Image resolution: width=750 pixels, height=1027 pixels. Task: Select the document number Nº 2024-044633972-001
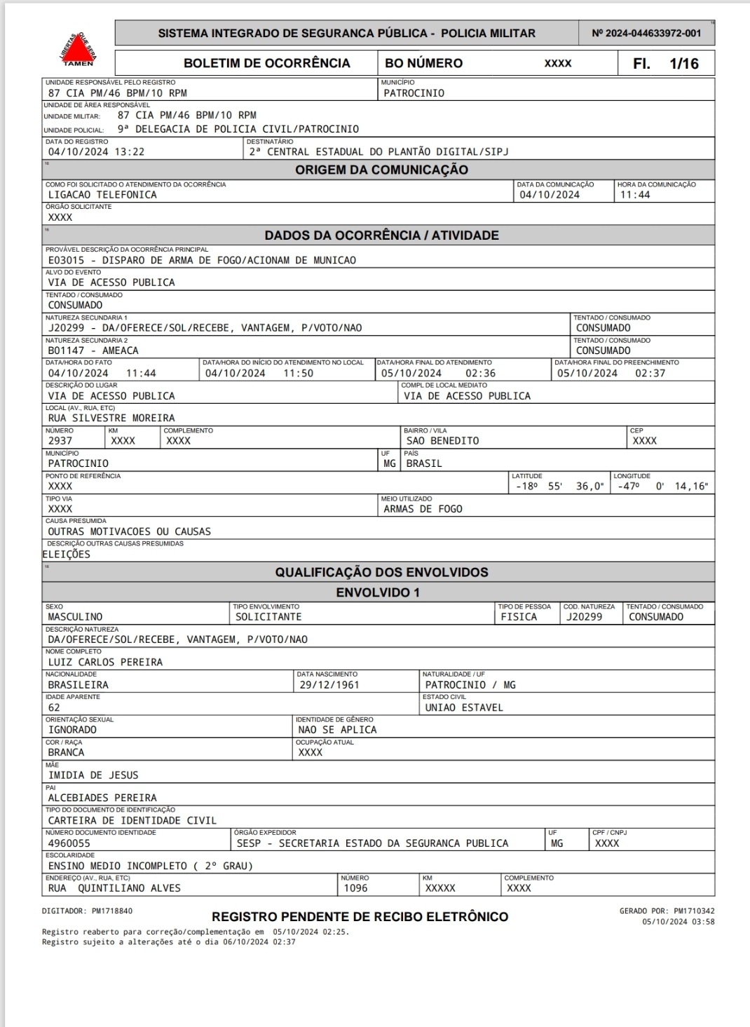point(646,33)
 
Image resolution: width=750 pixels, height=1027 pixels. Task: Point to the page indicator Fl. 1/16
point(665,63)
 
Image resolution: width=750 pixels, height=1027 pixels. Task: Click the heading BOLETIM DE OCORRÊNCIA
point(266,63)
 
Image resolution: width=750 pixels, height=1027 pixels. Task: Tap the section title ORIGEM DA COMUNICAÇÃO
point(381,170)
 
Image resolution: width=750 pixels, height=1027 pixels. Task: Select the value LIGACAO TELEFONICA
point(102,195)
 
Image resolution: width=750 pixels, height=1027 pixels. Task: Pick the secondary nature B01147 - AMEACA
point(93,351)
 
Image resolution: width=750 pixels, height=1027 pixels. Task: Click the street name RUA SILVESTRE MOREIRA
point(111,418)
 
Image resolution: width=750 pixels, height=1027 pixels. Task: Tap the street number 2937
point(60,441)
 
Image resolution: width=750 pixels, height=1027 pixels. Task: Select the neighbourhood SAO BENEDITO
point(442,441)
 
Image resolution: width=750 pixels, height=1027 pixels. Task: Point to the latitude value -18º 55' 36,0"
point(559,487)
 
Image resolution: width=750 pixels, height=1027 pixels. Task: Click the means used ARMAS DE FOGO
point(423,509)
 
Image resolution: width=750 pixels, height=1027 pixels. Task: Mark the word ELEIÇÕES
point(67,555)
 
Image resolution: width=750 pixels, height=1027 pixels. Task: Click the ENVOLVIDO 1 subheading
point(378,592)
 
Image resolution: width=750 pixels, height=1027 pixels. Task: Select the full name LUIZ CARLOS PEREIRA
point(105,662)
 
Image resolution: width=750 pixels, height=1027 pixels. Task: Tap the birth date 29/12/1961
point(329,685)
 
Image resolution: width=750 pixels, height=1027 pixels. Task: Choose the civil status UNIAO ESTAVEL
point(464,707)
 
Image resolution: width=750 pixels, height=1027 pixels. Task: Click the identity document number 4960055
point(69,843)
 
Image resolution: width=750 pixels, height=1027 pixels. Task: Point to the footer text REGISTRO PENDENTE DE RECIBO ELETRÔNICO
point(360,917)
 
